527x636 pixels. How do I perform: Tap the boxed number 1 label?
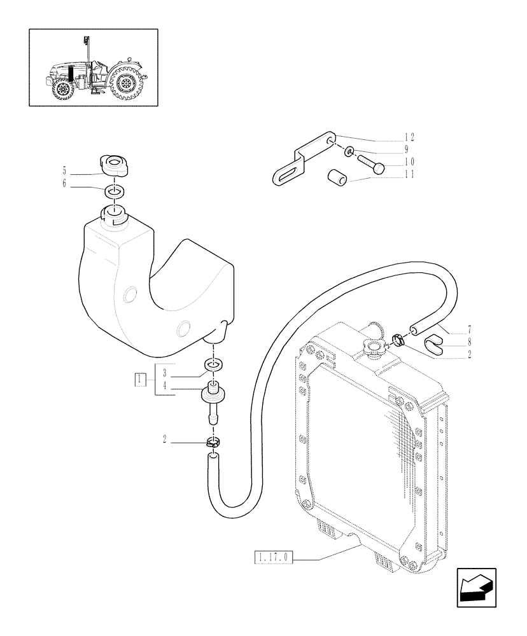tap(139, 380)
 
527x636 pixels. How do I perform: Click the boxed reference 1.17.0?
tap(274, 558)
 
